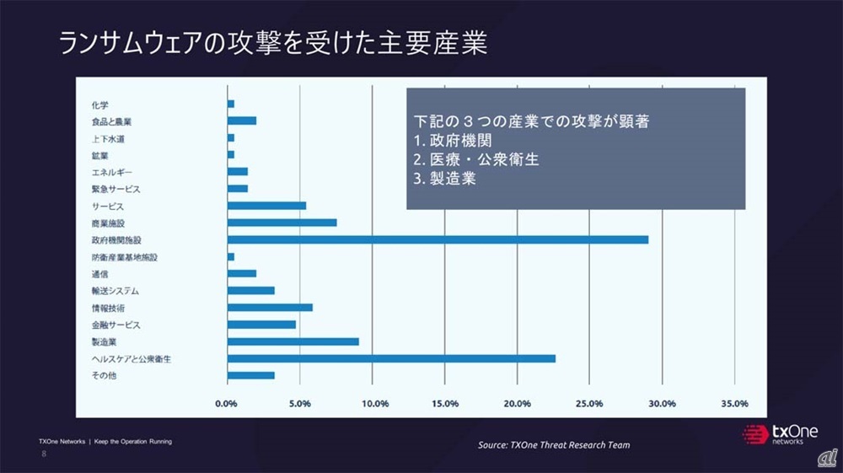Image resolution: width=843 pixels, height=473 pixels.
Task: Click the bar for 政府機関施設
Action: (438, 239)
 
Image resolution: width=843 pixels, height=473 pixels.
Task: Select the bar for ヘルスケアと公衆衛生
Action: (391, 358)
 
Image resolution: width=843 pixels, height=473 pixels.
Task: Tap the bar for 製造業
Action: (293, 341)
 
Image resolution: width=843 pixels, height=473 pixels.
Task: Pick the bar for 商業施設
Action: (282, 223)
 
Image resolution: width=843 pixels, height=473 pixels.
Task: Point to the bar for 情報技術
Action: (270, 308)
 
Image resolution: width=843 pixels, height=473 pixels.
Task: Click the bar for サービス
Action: (266, 206)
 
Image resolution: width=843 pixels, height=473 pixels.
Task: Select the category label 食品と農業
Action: (111, 121)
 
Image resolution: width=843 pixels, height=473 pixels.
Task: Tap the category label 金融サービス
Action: (116, 325)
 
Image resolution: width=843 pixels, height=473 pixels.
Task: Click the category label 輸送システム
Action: (116, 291)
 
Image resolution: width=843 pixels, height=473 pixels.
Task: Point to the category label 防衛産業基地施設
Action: (125, 257)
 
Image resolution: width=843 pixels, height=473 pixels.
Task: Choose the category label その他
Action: (104, 375)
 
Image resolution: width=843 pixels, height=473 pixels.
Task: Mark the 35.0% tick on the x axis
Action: (735, 404)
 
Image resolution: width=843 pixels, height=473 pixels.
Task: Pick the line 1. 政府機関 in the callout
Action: (453, 139)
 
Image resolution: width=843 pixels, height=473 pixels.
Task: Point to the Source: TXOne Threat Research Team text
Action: (554, 444)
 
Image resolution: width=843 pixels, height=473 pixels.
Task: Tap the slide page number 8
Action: (45, 454)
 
